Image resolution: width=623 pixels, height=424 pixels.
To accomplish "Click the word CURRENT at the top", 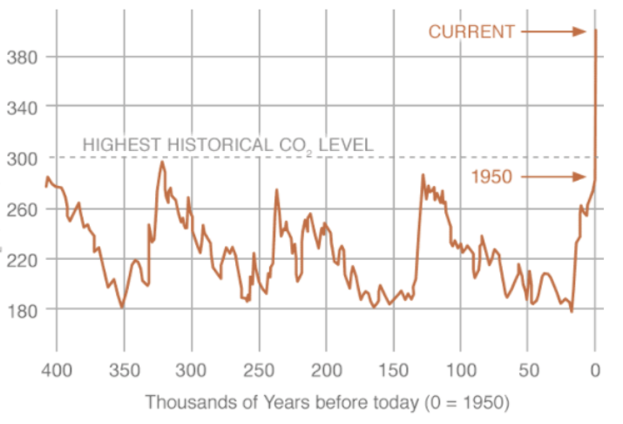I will coord(471,31).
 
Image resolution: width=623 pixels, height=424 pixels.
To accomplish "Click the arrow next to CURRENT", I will coord(554,31).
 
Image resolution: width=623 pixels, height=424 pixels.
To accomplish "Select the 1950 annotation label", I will coord(492,177).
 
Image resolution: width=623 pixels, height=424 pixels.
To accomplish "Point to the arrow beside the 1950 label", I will coord(554,177).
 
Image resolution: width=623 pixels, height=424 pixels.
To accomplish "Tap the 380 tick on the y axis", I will coord(20,57).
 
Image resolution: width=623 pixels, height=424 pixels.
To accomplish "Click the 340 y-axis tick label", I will coord(20,106).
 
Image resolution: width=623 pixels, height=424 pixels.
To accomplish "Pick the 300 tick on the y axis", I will coord(20,158).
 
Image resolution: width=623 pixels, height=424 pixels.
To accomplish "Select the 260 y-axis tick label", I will coord(20,209).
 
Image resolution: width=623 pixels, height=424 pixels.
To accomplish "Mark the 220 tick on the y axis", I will coord(20,259).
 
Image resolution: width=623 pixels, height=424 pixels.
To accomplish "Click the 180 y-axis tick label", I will coord(20,310).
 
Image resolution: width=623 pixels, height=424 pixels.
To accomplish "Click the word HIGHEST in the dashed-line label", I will coord(118,144).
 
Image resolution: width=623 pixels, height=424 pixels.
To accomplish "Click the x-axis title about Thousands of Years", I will coord(327,403).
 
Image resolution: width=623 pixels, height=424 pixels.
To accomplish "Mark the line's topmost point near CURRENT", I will coord(595,31).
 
